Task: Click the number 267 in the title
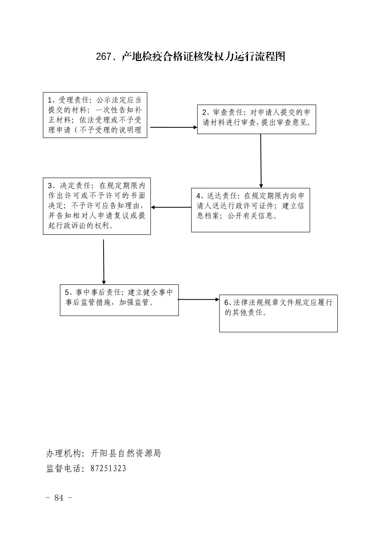(x=103, y=56)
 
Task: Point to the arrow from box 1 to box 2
(x=173, y=127)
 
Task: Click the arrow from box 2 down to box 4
(x=261, y=161)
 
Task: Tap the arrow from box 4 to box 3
(x=171, y=207)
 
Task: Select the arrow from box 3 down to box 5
(x=104, y=262)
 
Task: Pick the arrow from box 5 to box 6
(x=198, y=299)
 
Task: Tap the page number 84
(x=59, y=498)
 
